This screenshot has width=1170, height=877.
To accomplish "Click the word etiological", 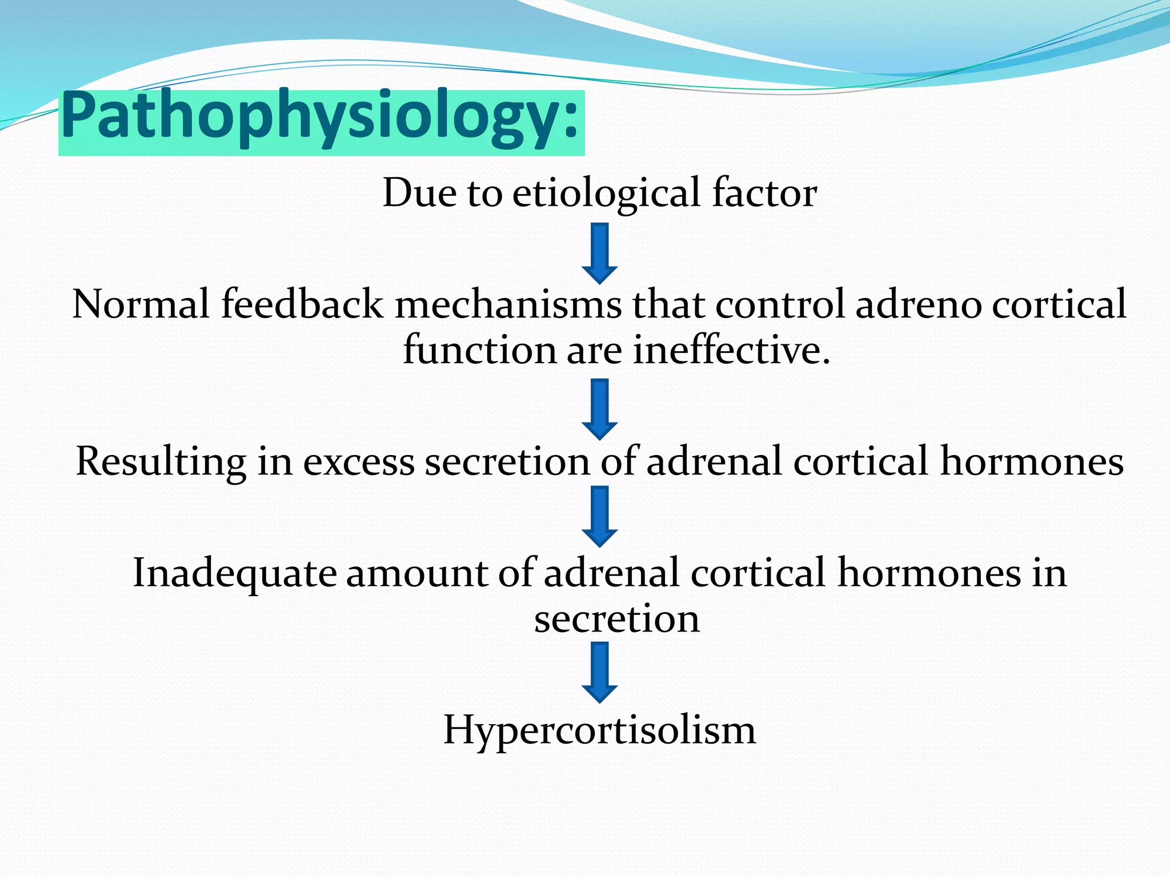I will point(606,193).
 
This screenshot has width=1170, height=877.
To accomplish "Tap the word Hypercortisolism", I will point(599,730).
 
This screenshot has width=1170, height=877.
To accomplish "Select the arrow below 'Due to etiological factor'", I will point(599,253).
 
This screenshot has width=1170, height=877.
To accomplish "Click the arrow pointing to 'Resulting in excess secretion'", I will point(599,409).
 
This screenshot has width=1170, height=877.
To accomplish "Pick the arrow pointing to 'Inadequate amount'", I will point(599,516).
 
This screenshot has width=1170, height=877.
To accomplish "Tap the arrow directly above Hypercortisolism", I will point(599,672).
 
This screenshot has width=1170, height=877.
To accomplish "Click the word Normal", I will point(141,304).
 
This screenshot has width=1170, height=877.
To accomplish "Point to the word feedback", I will point(302,304).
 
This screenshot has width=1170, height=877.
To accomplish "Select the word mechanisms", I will point(508,304).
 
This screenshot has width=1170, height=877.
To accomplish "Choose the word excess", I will point(358,461).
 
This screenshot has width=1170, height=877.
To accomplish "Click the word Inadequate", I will point(234,573).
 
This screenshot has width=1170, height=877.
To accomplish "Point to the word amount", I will point(416,573).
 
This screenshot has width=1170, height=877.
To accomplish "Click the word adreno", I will point(917,304).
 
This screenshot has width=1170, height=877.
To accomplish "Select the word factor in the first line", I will point(764,193).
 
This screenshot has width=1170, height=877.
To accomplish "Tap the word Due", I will point(419,193).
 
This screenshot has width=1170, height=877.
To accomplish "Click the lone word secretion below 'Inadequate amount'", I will point(616,619).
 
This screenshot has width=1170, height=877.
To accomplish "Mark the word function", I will point(480,349).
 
